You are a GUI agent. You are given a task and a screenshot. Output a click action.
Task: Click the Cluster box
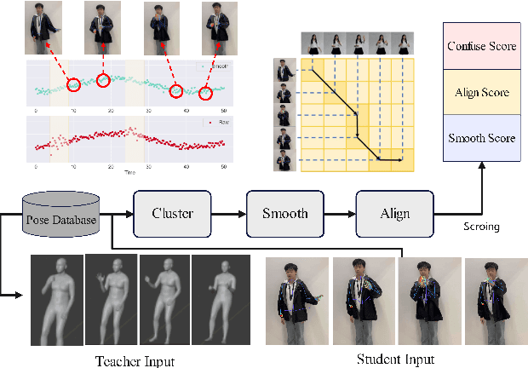tap(171, 213)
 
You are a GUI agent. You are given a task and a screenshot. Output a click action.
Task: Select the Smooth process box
tap(283, 213)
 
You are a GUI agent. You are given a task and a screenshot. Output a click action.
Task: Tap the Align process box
tap(391, 213)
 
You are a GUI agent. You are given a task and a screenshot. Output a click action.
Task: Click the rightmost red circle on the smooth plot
tap(209, 91)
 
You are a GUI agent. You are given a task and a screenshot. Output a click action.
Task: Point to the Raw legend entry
tap(219, 123)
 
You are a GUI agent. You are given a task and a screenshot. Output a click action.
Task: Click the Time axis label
tap(129, 171)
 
